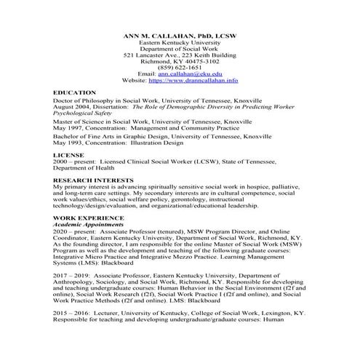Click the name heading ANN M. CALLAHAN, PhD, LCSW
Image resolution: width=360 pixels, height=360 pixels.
coord(179,35)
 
